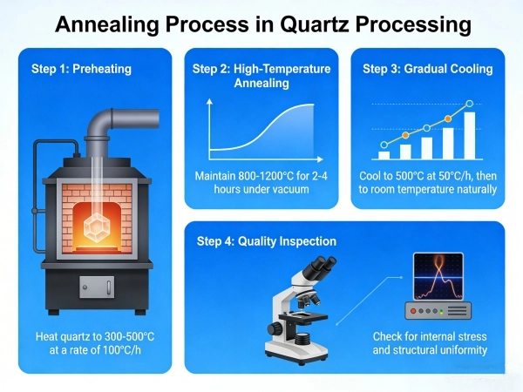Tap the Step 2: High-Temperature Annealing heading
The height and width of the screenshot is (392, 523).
262,76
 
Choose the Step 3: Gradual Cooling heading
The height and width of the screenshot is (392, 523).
427,69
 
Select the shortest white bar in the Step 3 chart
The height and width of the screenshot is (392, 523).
384,155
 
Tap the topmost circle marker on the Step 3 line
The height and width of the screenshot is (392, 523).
470,104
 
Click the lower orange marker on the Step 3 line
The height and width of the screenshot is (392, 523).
405,136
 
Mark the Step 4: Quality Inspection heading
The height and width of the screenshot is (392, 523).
267,241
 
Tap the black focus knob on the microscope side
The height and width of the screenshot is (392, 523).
275,328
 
